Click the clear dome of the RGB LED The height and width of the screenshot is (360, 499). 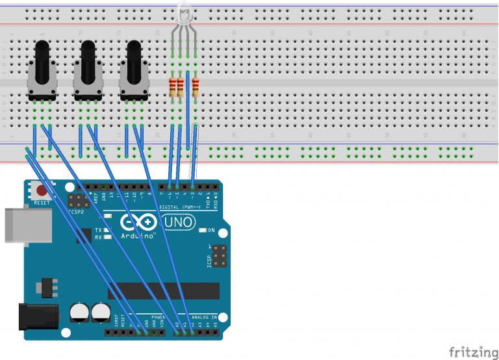point(185,13)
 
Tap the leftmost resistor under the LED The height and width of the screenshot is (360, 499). point(172,87)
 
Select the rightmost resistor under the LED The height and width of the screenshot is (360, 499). point(195,87)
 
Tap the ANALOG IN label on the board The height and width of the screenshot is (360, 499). point(203,318)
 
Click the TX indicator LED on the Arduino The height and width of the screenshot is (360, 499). point(108,230)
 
